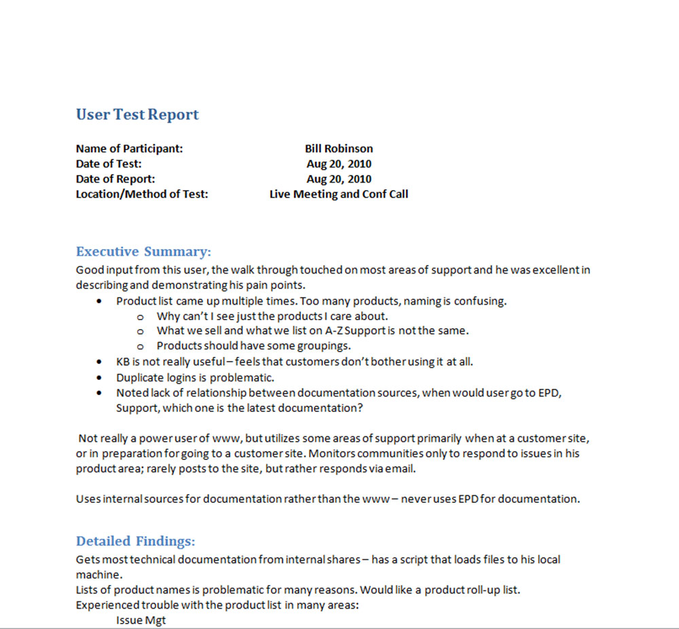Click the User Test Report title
[x=137, y=115]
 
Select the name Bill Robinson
[x=339, y=149]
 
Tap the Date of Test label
[x=109, y=164]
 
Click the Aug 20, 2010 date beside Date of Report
[x=339, y=179]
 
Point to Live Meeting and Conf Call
[x=339, y=194]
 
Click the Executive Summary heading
[x=143, y=252]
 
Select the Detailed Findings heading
[x=135, y=541]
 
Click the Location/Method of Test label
[x=142, y=194]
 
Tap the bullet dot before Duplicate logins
[x=100, y=377]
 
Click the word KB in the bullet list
[x=123, y=362]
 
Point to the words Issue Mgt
[x=141, y=620]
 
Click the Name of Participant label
[x=129, y=149]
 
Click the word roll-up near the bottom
[x=485, y=590]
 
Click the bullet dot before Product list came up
[x=100, y=301]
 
